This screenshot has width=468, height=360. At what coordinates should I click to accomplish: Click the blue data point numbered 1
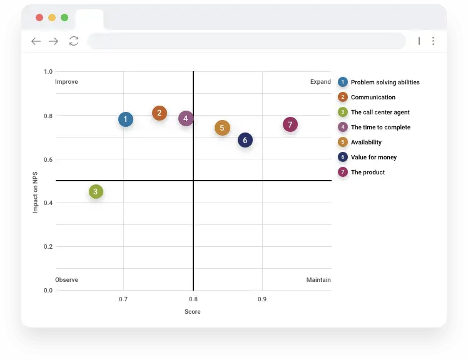(x=126, y=119)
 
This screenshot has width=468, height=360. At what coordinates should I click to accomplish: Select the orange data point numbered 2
(x=160, y=113)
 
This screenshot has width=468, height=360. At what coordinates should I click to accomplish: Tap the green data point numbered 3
(x=96, y=192)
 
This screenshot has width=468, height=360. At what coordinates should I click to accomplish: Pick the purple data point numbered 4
(x=186, y=118)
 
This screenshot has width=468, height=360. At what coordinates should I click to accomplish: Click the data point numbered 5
(x=222, y=128)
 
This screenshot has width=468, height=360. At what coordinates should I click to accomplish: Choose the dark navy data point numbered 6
(x=245, y=140)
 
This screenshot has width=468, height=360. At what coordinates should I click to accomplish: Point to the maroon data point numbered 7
(x=290, y=124)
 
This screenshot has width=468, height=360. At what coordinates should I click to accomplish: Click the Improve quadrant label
(x=66, y=82)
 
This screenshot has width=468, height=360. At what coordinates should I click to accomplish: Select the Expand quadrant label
(x=320, y=82)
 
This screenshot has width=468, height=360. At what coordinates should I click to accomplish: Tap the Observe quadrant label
(x=66, y=280)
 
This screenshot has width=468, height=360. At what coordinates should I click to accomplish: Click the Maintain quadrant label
(x=318, y=280)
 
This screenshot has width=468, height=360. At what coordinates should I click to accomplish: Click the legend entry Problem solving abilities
(x=385, y=82)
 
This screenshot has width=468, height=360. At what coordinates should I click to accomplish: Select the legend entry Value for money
(x=374, y=157)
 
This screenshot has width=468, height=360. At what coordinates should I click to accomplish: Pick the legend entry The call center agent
(x=380, y=112)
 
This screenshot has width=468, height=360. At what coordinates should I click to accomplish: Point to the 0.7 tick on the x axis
(x=123, y=299)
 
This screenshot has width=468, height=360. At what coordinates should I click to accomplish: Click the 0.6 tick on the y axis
(x=48, y=159)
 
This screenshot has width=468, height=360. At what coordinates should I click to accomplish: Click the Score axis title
(x=193, y=312)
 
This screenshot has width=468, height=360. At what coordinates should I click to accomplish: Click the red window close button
(x=39, y=17)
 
